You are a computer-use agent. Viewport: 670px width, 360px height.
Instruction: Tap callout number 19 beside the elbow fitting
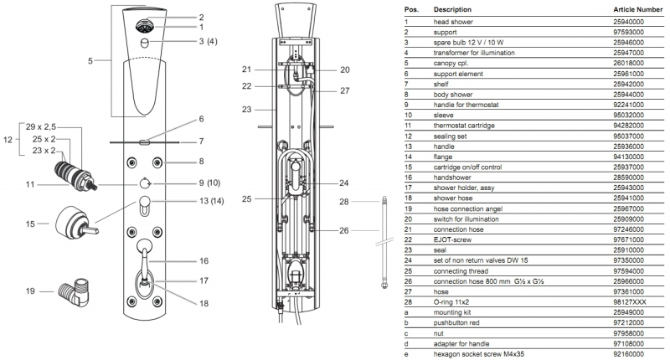coord(29,291)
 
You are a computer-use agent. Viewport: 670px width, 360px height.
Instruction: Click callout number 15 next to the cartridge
coord(29,224)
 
